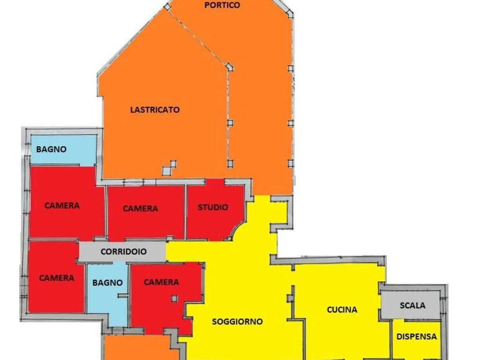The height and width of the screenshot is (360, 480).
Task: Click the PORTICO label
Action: [222, 5]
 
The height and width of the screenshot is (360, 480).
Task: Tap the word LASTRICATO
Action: [155, 110]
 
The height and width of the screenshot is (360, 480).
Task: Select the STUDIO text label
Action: [213, 207]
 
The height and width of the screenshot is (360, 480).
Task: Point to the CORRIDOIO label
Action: [123, 252]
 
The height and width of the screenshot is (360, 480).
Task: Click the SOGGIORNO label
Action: [237, 322]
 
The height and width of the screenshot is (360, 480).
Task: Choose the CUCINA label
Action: [342, 309]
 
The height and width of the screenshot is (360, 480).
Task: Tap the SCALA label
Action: [412, 305]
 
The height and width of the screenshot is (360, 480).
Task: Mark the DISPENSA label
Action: [416, 337]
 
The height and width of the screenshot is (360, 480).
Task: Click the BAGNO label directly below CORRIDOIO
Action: [107, 283]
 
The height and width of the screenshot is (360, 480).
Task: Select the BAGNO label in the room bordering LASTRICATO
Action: [52, 150]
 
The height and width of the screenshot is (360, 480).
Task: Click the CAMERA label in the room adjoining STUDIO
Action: [140, 209]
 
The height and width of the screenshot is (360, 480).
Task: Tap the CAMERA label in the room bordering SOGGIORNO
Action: [161, 282]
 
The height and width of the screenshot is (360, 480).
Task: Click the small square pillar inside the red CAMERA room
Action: [174, 298]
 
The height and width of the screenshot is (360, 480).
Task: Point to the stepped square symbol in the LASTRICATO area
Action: [170, 168]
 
